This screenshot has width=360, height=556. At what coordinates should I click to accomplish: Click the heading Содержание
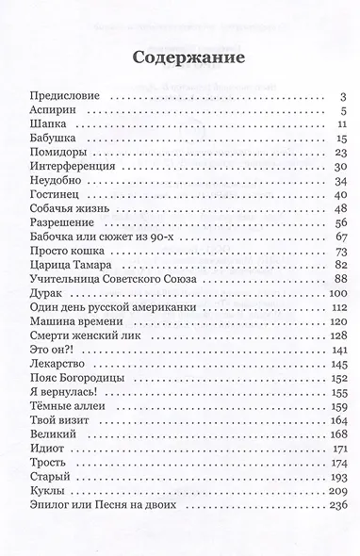click(x=180, y=57)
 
